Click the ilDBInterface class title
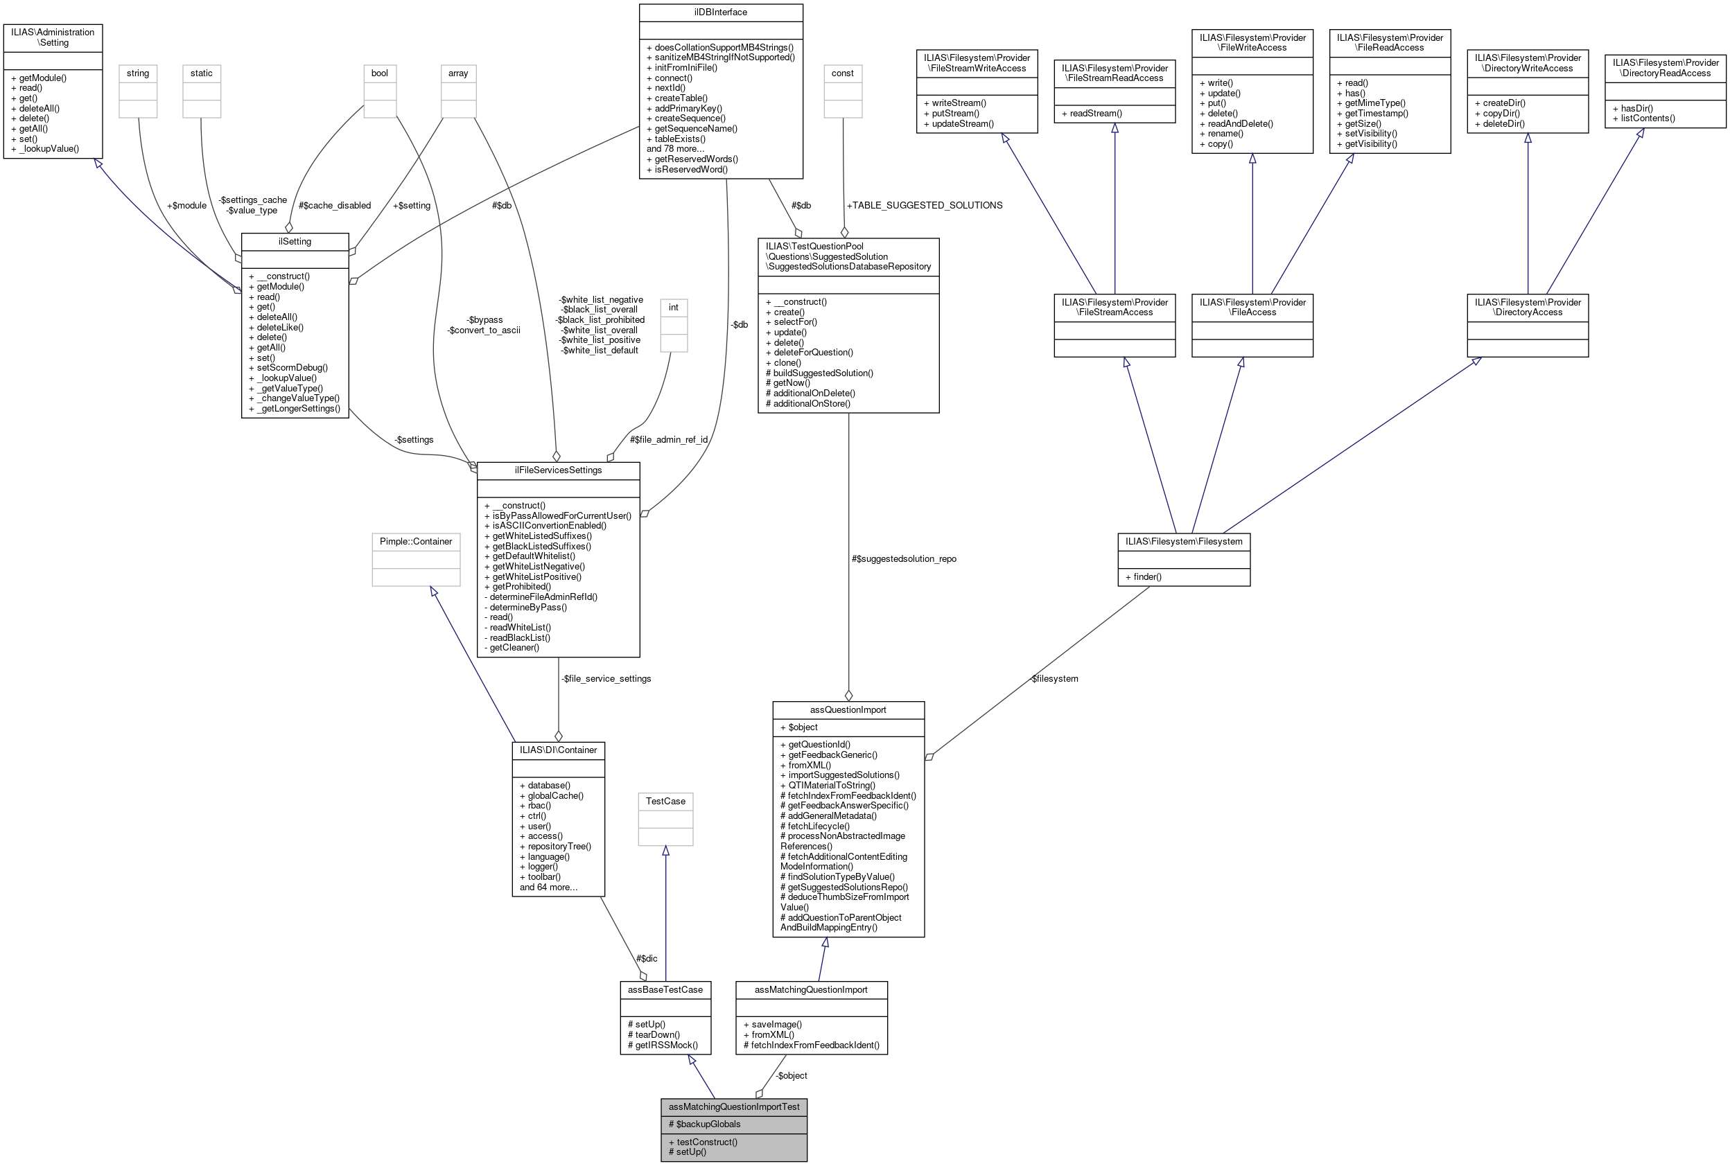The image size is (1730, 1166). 720,12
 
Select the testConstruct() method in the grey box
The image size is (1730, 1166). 706,1142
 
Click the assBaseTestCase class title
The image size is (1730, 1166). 665,990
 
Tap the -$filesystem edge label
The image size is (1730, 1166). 1054,679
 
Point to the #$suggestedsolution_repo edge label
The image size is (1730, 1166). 904,559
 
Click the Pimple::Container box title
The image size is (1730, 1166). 416,541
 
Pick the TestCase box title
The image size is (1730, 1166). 665,801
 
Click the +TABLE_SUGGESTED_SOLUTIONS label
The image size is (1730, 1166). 925,205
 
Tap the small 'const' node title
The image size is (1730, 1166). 842,73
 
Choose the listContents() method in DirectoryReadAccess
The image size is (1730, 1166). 1648,118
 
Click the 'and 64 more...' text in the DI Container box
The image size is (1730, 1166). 548,887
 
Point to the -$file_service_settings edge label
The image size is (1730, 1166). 606,679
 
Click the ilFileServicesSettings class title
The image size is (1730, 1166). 558,470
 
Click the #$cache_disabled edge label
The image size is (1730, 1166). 335,206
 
